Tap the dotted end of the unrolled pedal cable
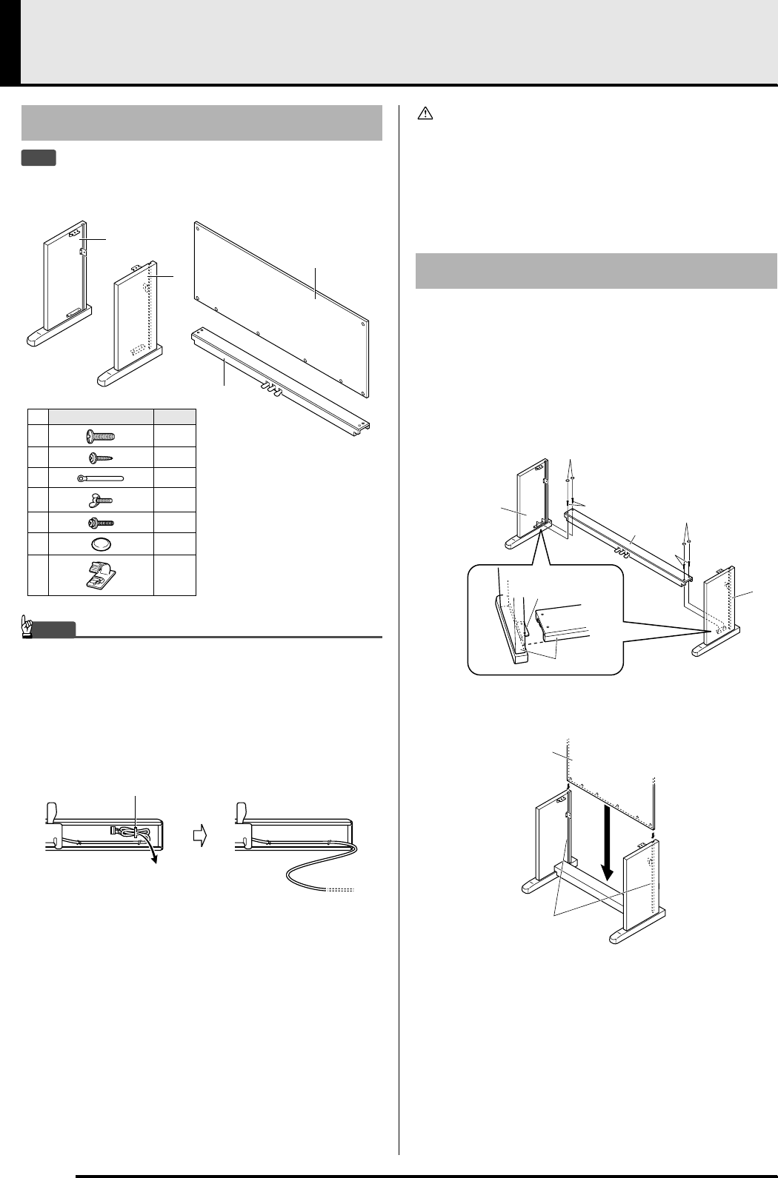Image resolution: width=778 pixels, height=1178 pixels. click(x=340, y=888)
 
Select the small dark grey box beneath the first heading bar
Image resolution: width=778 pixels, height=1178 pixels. click(x=39, y=158)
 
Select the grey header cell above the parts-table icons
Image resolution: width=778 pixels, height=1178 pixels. click(x=101, y=416)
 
